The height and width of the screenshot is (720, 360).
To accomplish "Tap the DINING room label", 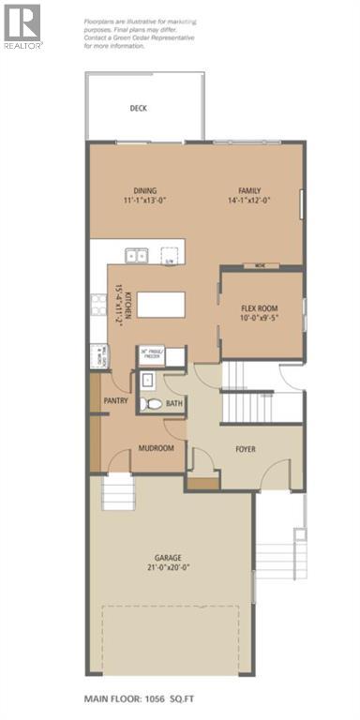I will click(x=143, y=190).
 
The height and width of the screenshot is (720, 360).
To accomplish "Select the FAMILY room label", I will click(x=249, y=190).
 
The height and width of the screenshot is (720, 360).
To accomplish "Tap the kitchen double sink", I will click(x=136, y=254).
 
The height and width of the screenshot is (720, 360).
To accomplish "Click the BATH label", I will click(x=175, y=405).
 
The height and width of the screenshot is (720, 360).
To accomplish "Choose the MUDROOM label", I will click(x=157, y=449).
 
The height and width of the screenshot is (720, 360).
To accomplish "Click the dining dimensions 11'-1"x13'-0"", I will click(x=143, y=201).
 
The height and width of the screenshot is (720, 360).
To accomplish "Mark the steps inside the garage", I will click(x=120, y=490).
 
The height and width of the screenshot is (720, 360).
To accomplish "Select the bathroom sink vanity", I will click(x=148, y=381).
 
